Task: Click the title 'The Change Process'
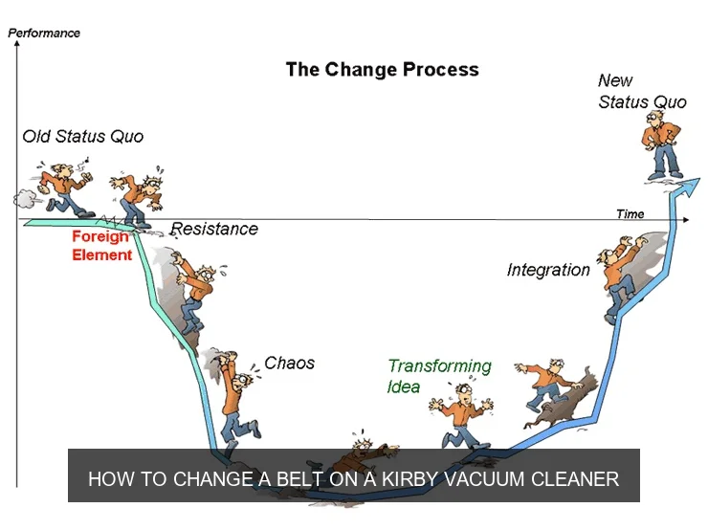coord(382,70)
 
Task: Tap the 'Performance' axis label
coord(44,33)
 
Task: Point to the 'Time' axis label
coord(630,214)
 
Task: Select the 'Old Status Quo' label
coord(83,136)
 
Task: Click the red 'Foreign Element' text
coord(101,246)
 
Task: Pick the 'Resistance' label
coord(214,229)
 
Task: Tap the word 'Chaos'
coord(289,364)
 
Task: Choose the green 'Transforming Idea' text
coord(439,375)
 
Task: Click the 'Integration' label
coord(548,270)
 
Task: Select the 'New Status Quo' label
coord(642,92)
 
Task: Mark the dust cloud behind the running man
coord(25,199)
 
